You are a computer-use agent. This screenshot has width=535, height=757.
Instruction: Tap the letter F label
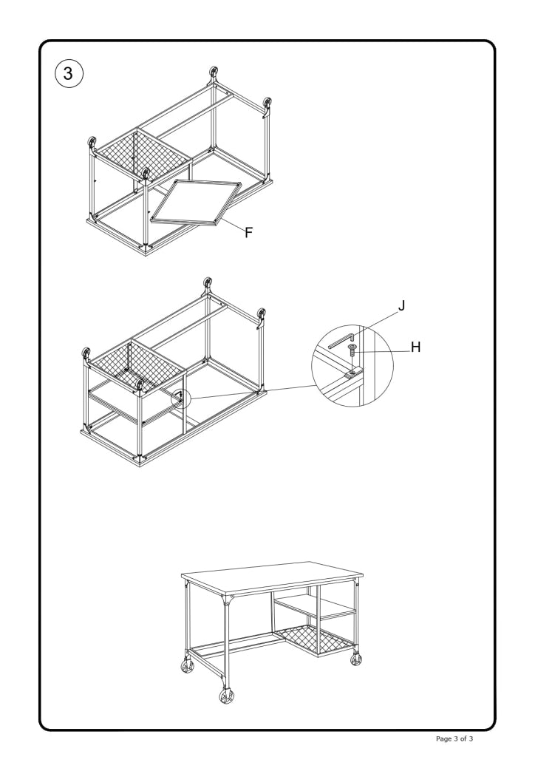point(249,232)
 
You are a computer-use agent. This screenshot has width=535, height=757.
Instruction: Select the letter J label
point(401,305)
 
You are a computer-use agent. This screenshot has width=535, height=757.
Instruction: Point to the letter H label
point(415,347)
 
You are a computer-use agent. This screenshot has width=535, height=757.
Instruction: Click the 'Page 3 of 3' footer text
point(466,739)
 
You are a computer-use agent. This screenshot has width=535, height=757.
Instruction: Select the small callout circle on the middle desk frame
point(181,399)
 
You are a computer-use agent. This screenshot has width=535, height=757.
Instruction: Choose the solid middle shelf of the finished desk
point(316,608)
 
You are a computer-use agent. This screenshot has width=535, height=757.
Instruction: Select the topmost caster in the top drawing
point(215,73)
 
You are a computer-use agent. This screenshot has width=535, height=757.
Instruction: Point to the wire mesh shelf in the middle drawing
point(137,366)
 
